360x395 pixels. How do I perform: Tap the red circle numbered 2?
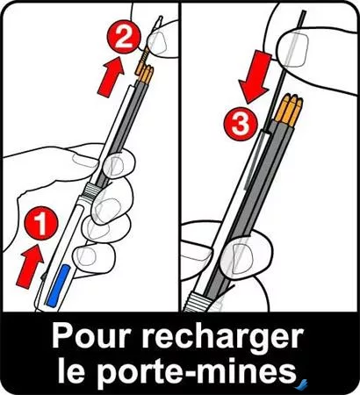pos(126,38)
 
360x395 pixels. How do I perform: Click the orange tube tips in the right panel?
pos(286,111)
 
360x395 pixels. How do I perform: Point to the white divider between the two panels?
pos(179,158)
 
